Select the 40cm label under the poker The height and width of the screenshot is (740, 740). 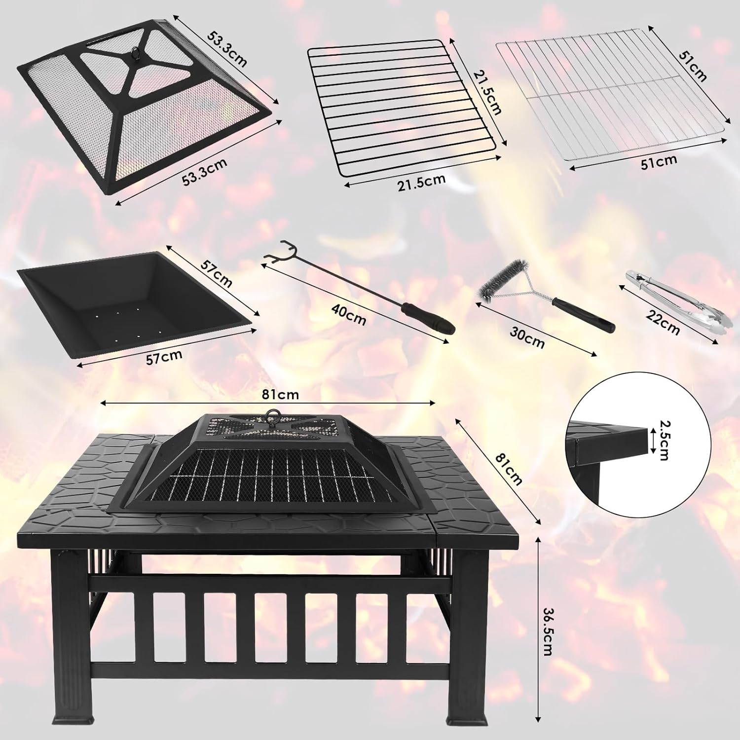click(x=349, y=314)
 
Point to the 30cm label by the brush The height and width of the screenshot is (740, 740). click(x=527, y=337)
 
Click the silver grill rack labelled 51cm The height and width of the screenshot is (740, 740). click(x=612, y=98)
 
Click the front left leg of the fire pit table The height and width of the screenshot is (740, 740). click(x=72, y=641)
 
